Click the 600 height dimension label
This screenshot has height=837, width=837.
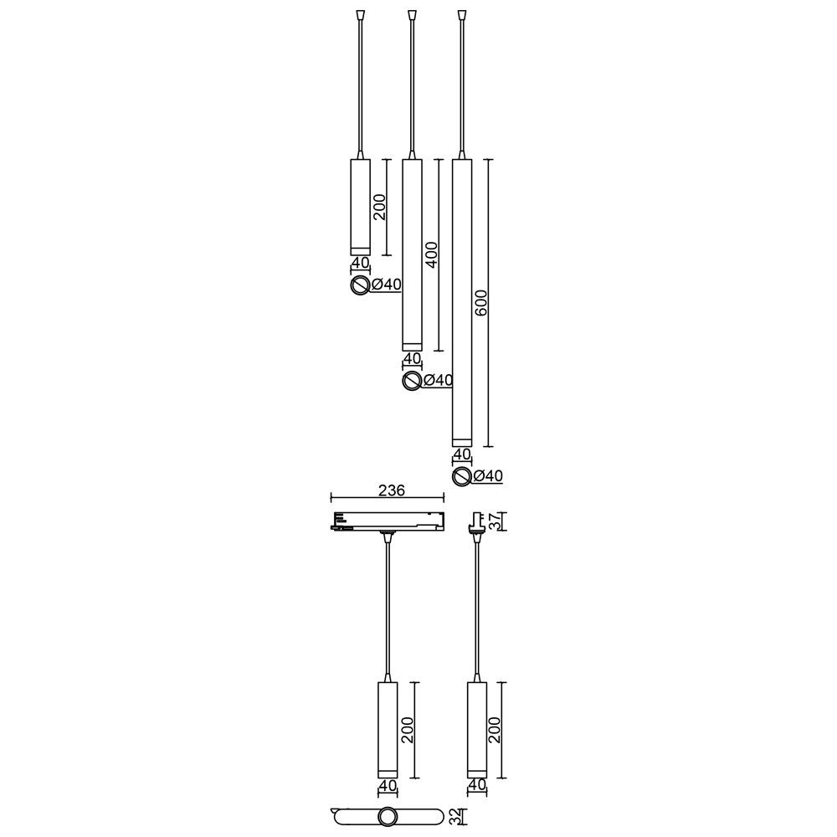point(480,303)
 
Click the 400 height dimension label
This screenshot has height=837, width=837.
point(431,255)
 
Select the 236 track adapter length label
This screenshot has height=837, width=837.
point(392,490)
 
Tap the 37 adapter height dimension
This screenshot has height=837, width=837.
point(496,521)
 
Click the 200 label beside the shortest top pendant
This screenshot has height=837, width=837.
point(379,207)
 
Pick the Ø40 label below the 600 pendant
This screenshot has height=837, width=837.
point(488,475)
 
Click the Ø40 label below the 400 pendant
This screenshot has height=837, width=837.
point(438,381)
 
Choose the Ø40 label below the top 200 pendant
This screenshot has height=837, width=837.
point(386,285)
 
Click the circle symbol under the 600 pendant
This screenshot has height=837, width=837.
point(461,476)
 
